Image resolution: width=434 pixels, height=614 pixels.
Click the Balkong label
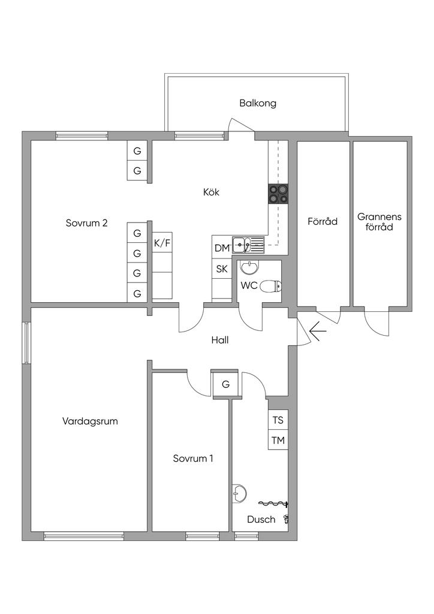click(x=258, y=103)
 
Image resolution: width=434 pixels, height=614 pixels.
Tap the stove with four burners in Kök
click(x=278, y=193)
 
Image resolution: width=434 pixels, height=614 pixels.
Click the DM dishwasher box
click(x=222, y=248)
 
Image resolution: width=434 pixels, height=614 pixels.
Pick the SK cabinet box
click(x=222, y=269)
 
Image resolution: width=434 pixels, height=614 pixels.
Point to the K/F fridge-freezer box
click(x=162, y=243)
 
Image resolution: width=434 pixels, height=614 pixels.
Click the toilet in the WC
click(x=270, y=286)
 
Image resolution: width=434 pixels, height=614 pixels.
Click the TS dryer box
click(x=278, y=420)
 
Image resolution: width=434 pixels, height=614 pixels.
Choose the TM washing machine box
click(x=278, y=441)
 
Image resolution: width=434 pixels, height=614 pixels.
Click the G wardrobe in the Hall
click(x=225, y=384)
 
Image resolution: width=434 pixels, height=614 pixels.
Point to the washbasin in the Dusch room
click(x=239, y=493)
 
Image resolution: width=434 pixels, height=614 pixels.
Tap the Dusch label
click(x=261, y=520)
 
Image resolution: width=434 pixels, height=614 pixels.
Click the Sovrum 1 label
click(x=193, y=459)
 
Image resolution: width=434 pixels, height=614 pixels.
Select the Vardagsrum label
click(x=90, y=421)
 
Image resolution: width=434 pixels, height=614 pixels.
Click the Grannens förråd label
click(x=379, y=221)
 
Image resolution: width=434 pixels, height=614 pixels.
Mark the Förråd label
click(x=323, y=221)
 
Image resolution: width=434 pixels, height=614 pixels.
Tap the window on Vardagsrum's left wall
click(x=26, y=343)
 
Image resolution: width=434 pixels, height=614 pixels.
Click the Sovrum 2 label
click(x=86, y=223)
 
